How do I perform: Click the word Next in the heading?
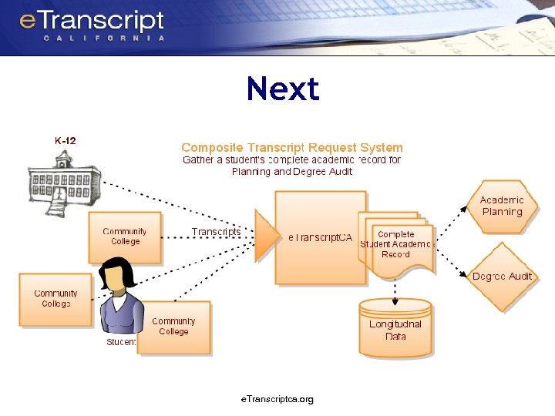(282, 89)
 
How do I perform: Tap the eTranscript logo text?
(92, 21)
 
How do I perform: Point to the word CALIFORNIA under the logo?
(103, 38)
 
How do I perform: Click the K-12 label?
(66, 140)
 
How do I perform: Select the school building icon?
(59, 185)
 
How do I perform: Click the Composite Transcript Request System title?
(291, 147)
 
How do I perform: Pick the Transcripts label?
(216, 232)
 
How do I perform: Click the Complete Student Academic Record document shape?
(396, 245)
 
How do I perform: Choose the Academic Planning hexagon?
(502, 206)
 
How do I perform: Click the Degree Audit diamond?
(502, 277)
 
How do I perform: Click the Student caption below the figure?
(121, 341)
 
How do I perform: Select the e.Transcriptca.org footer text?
(277, 399)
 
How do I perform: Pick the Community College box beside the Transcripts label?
(125, 236)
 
